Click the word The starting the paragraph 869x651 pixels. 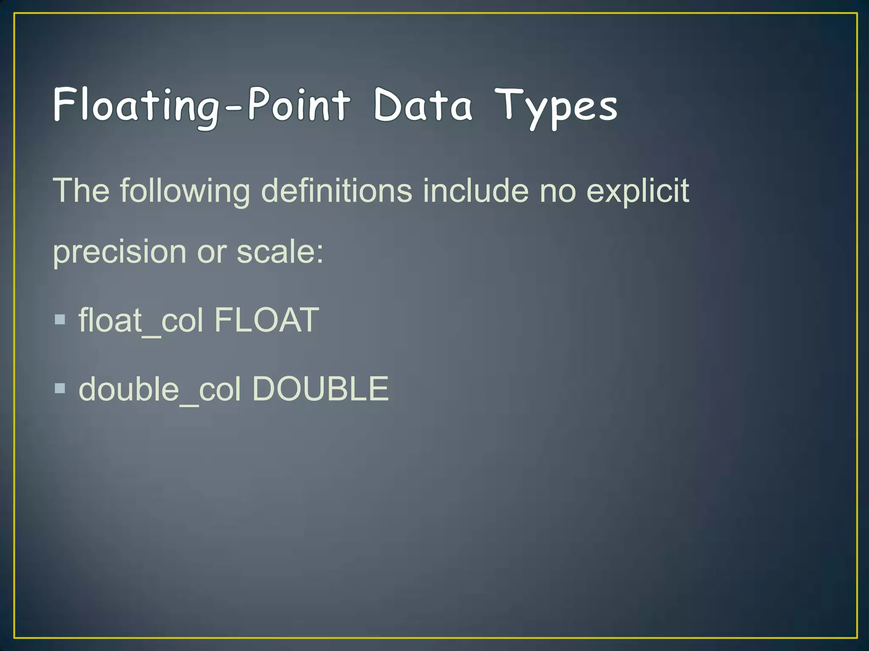pyautogui.click(x=81, y=191)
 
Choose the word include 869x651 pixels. pyautogui.click(x=476, y=191)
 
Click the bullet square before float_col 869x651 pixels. pyautogui.click(x=60, y=319)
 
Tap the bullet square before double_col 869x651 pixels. pyautogui.click(x=60, y=388)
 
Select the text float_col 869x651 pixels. pyautogui.click(x=141, y=321)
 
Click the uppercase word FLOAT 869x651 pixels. pyautogui.click(x=266, y=320)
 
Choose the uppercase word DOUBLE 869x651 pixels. pyautogui.click(x=320, y=389)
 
